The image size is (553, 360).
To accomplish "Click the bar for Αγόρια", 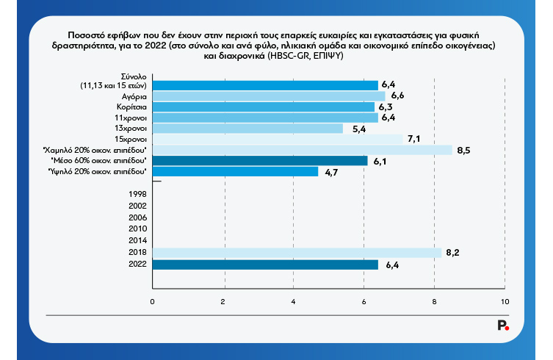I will [x=269, y=96].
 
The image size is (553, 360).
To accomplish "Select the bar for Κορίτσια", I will [x=264, y=107].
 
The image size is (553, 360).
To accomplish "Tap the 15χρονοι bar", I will [x=278, y=139].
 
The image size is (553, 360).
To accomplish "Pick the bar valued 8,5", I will [x=303, y=150].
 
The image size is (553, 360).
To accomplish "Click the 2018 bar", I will [x=297, y=252].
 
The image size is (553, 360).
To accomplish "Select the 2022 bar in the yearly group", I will [x=265, y=264].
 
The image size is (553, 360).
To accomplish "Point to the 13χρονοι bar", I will [x=247, y=129].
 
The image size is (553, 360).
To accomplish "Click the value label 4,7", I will [x=330, y=172].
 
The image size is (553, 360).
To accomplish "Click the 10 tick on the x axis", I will [x=505, y=302].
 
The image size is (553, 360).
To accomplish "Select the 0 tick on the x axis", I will [x=153, y=302].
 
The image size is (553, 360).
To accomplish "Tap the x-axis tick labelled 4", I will [x=294, y=302].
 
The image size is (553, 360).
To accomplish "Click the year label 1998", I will [x=137, y=193].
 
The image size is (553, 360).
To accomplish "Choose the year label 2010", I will [x=137, y=228].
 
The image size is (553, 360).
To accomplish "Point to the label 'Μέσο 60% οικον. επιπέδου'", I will [x=98, y=160].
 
